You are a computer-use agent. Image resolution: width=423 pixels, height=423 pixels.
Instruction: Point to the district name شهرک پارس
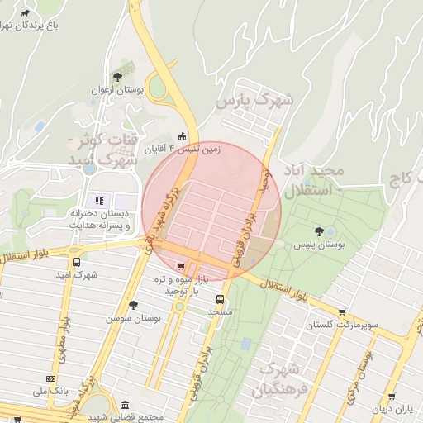pyautogui.click(x=254, y=102)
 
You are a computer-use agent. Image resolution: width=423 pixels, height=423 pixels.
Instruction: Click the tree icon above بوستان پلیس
pyautogui.click(x=319, y=231)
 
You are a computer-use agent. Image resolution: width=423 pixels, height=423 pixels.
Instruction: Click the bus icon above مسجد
pyautogui.click(x=220, y=299)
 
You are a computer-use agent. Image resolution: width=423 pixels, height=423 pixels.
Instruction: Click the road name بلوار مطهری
pyautogui.click(x=59, y=351)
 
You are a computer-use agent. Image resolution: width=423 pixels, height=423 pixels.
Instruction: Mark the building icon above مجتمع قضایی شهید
pyautogui.click(x=125, y=406)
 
